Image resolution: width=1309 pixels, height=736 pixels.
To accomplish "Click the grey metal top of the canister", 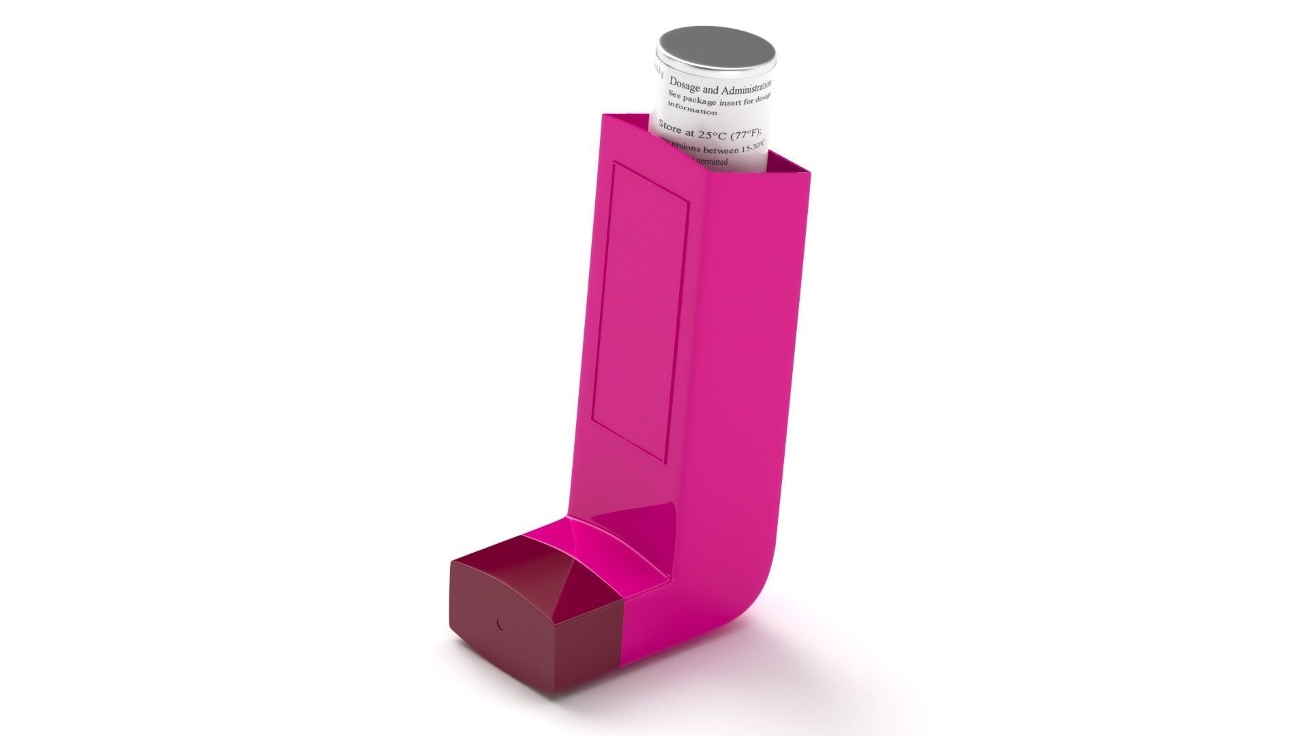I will pos(716,50).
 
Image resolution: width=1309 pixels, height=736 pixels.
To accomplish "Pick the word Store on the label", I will pos(671,127).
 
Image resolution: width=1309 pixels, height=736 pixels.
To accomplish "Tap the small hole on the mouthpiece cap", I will pos(500,623).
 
